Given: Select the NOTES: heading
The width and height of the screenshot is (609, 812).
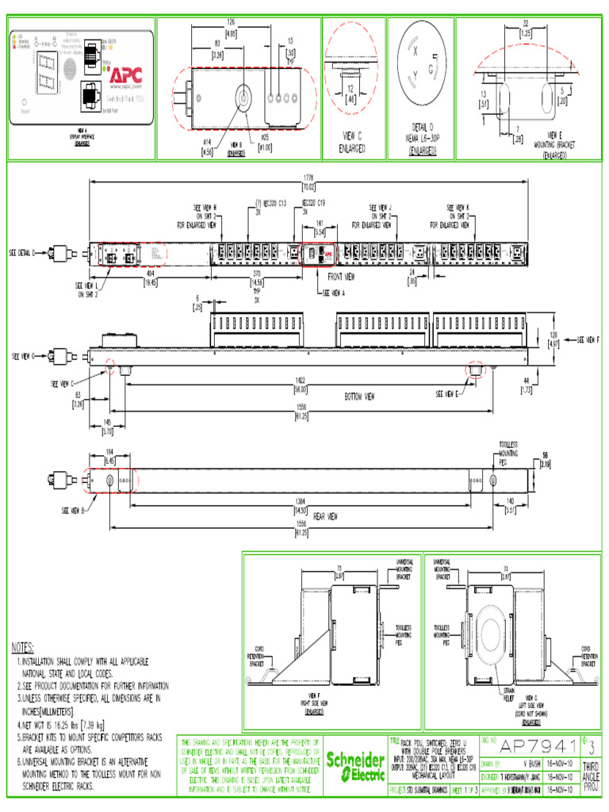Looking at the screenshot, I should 29,647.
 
